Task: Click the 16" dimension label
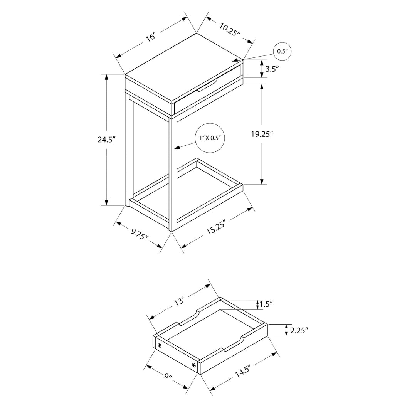151,37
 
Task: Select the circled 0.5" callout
283,52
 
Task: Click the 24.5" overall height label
107,140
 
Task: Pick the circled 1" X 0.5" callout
210,138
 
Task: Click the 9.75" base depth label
139,234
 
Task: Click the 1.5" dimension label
266,304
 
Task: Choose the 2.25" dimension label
299,330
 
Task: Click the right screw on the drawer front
194,365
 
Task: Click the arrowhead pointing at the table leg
177,147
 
